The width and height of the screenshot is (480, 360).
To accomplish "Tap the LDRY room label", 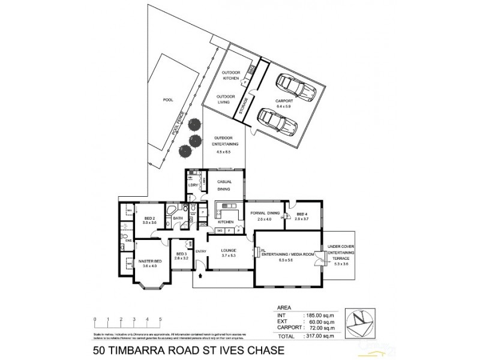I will tap(193, 185).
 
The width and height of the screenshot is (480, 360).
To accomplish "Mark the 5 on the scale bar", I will tap(160, 319).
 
